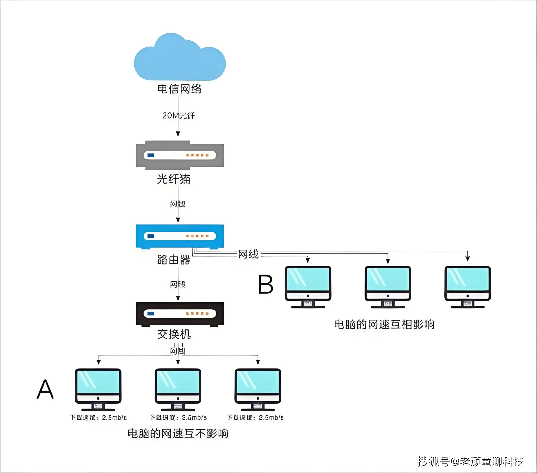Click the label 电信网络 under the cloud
(179, 89)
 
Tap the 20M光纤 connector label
(178, 115)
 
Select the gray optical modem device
(180, 155)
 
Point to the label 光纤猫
(174, 179)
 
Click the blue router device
(180, 236)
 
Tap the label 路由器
(174, 260)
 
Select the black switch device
(180, 314)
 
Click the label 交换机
(174, 334)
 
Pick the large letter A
(45, 389)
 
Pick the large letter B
(265, 285)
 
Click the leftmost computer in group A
(98, 389)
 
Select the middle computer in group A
(178, 389)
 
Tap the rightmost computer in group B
(468, 287)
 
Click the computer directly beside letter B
(308, 287)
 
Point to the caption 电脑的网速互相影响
(384, 324)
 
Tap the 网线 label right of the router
(248, 254)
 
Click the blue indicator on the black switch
(151, 313)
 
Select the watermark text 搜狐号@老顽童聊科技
(470, 461)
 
